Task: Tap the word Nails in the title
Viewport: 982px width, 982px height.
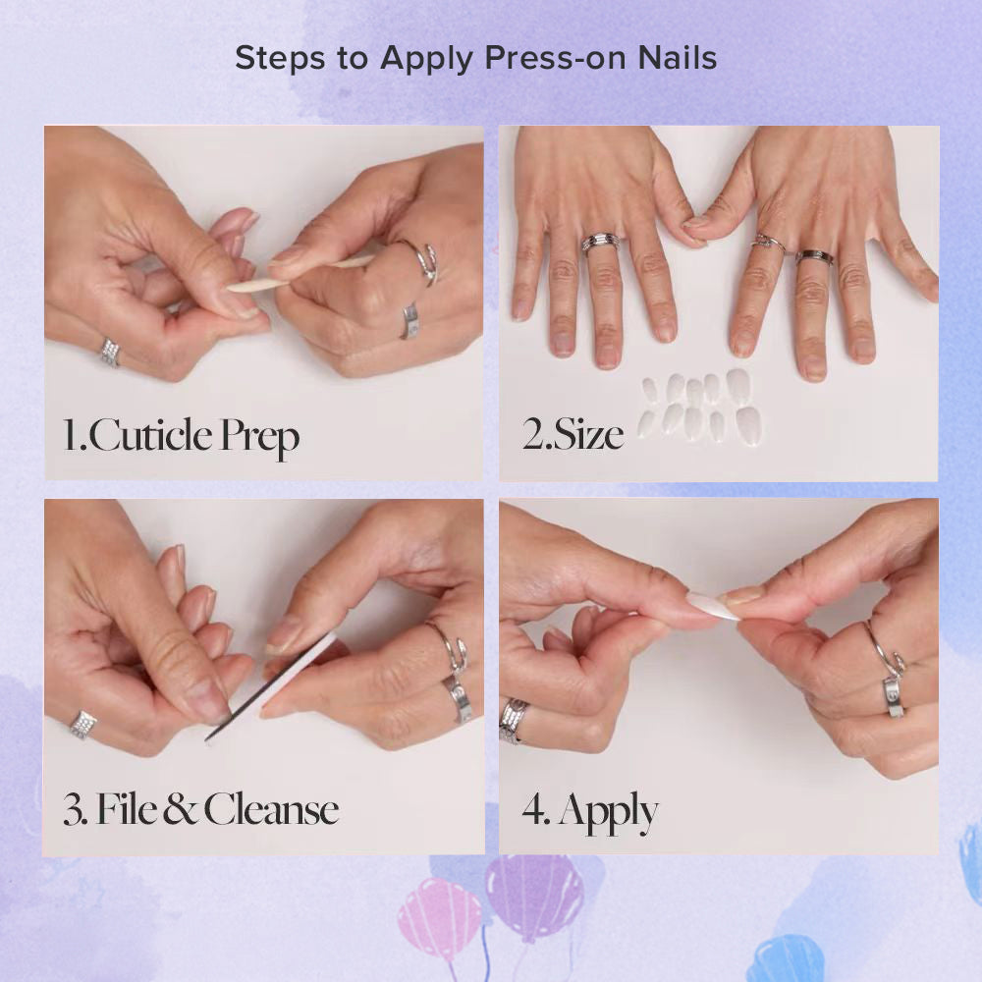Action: pos(676,58)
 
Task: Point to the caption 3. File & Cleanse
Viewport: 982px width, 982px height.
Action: pos(201,810)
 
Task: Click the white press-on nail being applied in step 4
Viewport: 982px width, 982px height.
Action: pos(712,605)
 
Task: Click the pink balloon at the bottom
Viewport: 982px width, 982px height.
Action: pos(439,908)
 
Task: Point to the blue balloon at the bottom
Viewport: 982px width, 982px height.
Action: pos(786,957)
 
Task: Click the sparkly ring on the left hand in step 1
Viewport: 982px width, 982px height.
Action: pos(110,352)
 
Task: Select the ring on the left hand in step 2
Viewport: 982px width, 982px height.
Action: pos(599,243)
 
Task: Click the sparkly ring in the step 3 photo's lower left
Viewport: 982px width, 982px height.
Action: pos(82,725)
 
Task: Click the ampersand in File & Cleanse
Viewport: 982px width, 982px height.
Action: pos(181,811)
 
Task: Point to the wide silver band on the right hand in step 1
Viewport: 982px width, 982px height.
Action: pos(410,321)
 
